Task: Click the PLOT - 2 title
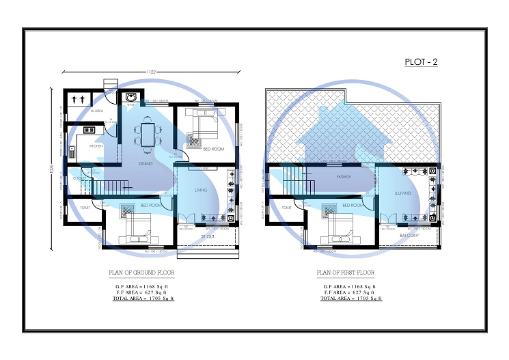[x=421, y=62]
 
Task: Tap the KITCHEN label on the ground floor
[x=96, y=146]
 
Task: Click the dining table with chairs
[x=148, y=132]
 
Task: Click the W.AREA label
[x=96, y=111]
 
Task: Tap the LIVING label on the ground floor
[x=200, y=190]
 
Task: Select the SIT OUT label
[x=207, y=236]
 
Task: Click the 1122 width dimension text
[x=152, y=71]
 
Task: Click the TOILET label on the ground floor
[x=85, y=207]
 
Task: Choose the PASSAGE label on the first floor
[x=344, y=176]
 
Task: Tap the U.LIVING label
[x=402, y=194]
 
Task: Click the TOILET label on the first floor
[x=287, y=207]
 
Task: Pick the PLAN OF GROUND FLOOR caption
[x=141, y=273]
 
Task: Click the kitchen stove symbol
[x=88, y=129]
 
